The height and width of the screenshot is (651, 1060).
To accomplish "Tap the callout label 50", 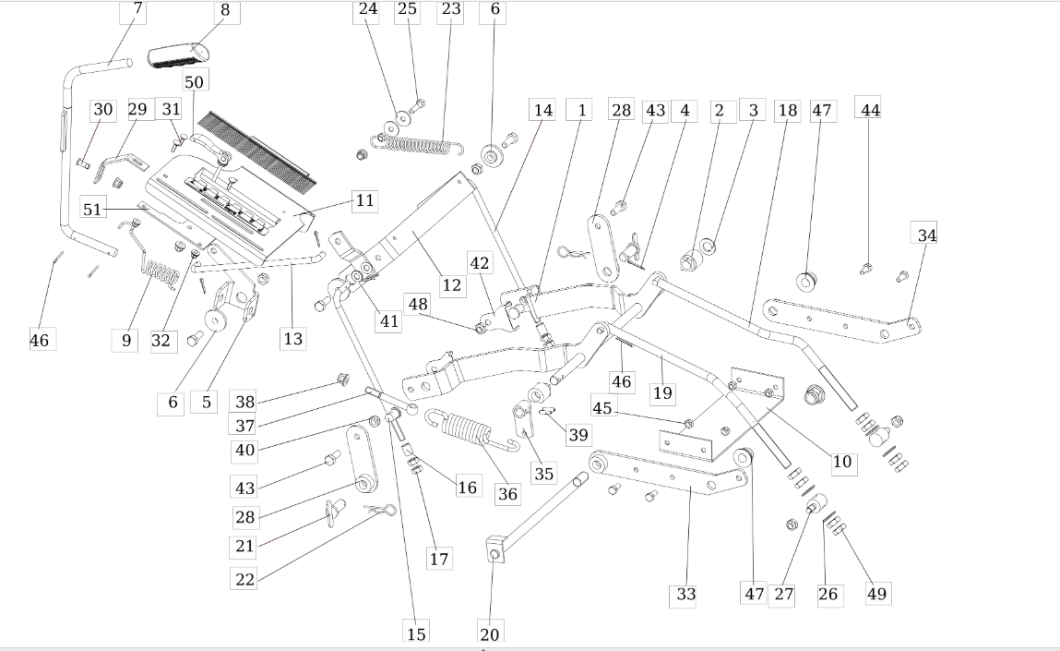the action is tap(194, 80).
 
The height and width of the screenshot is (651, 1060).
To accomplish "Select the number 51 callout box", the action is tap(92, 209).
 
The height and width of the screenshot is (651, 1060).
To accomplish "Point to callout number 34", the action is tap(924, 234).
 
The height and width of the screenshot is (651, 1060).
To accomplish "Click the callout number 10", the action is tap(842, 462).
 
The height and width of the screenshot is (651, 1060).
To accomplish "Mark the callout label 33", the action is tap(685, 594).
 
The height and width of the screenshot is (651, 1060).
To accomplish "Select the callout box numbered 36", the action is tap(507, 493).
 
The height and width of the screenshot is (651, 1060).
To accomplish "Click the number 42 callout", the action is tap(480, 263).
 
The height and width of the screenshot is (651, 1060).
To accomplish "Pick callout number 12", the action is tap(451, 285).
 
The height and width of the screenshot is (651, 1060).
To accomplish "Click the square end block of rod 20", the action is tap(494, 549).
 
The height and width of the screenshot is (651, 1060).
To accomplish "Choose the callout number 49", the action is tap(877, 593).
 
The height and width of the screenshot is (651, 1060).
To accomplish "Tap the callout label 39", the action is tap(578, 434).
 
